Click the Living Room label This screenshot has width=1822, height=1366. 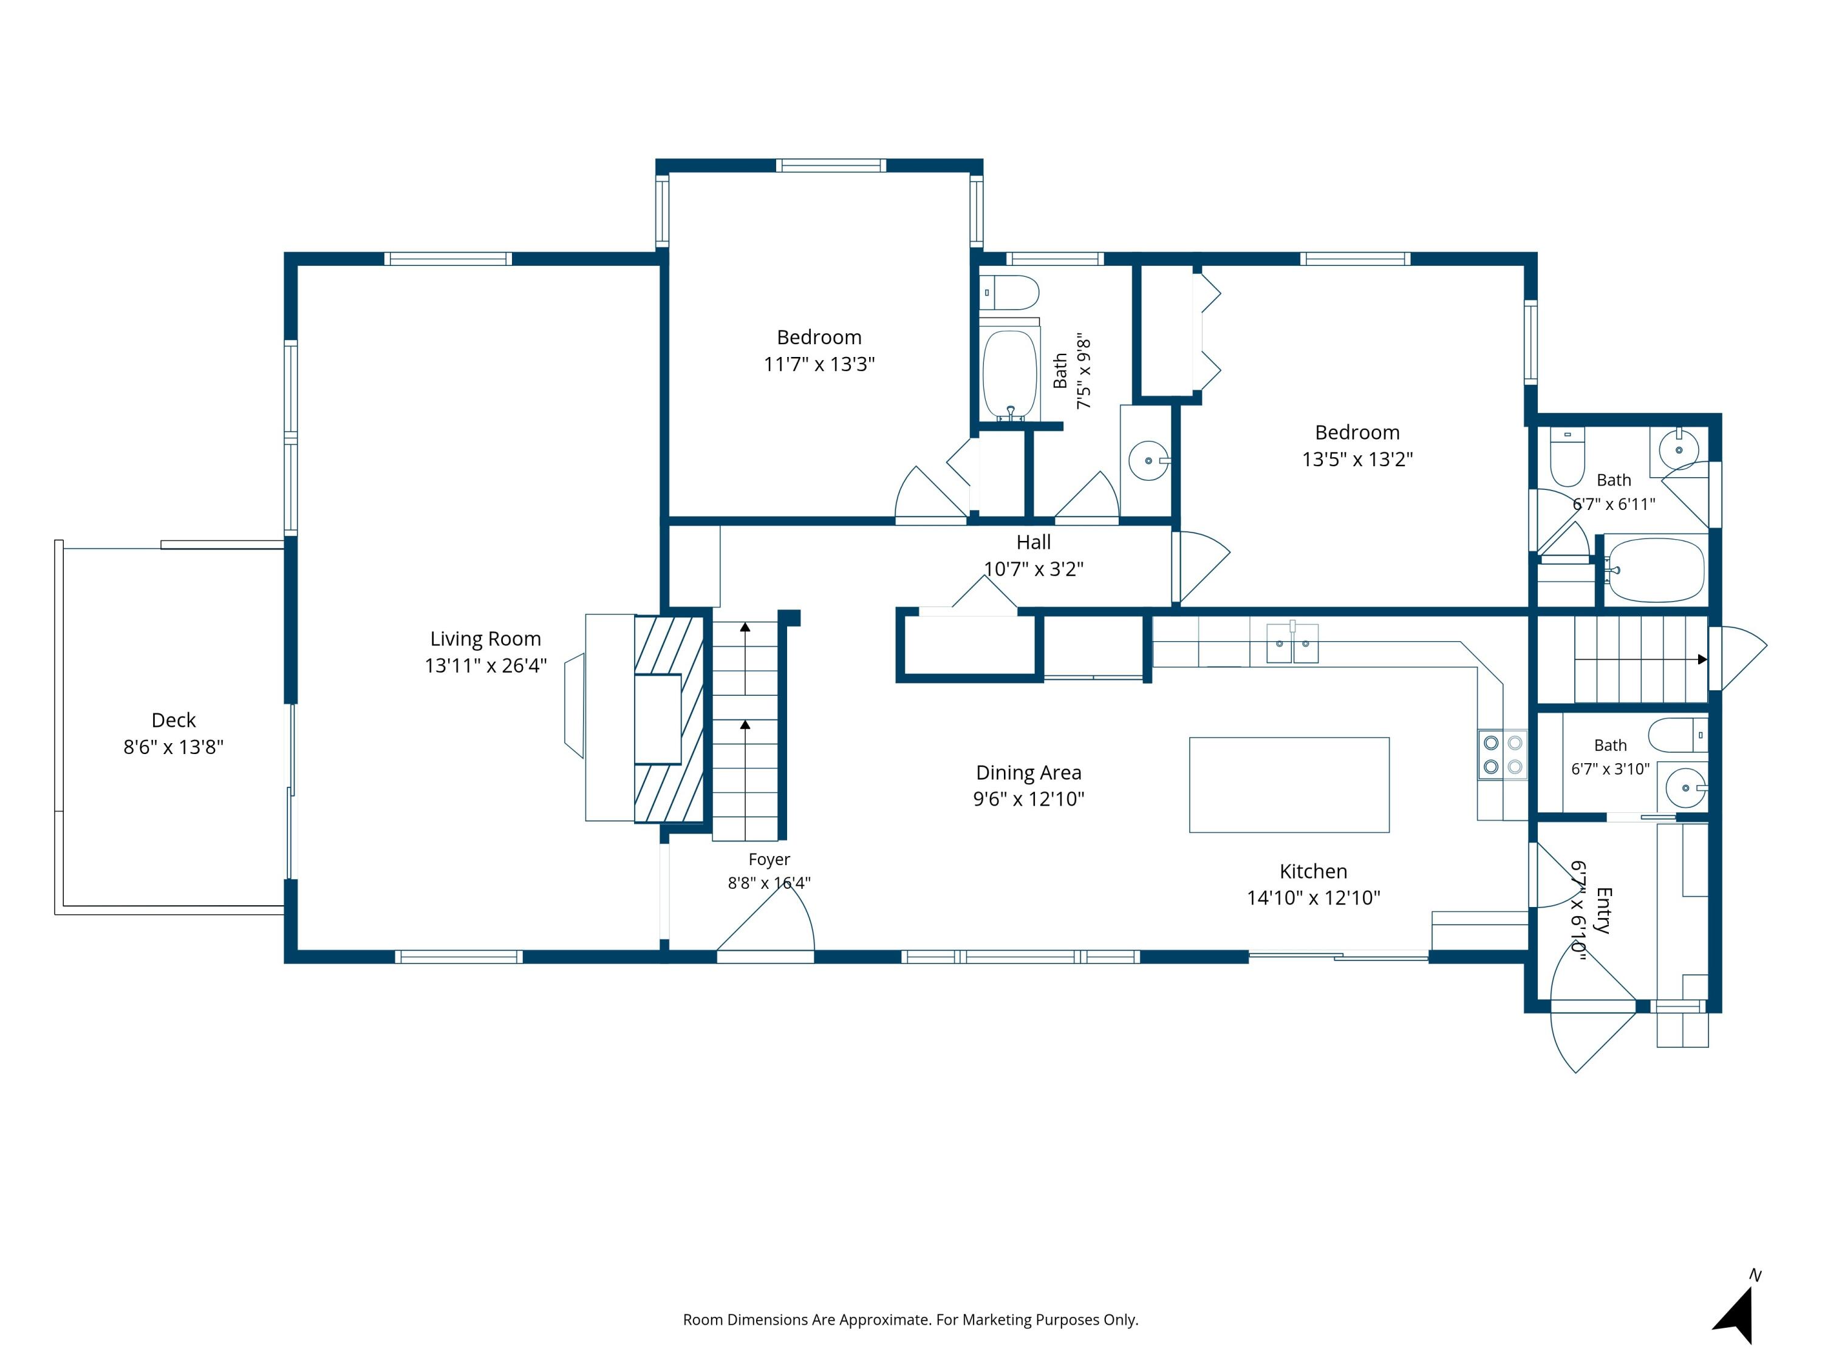click(x=485, y=639)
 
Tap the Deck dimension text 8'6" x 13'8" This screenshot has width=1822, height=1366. click(x=174, y=747)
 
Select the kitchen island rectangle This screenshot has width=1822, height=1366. click(x=1289, y=784)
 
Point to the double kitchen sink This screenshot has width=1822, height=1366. click(x=1292, y=643)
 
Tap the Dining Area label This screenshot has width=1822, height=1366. click(x=1029, y=772)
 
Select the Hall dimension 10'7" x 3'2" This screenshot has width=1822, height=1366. click(x=1034, y=569)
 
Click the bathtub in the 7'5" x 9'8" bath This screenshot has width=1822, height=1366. click(x=1010, y=375)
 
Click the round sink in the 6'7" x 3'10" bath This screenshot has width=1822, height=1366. click(x=1685, y=788)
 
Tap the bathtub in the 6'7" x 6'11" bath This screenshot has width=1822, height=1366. click(x=1656, y=570)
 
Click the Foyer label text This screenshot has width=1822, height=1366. click(x=769, y=860)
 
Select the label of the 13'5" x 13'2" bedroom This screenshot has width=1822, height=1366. click(x=1357, y=432)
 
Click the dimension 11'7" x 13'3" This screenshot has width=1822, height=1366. click(x=819, y=364)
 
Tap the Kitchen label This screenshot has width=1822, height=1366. click(x=1314, y=871)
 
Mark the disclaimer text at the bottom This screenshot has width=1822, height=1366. click(x=911, y=1320)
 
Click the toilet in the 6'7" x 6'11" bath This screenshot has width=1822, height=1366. click(x=1568, y=457)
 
